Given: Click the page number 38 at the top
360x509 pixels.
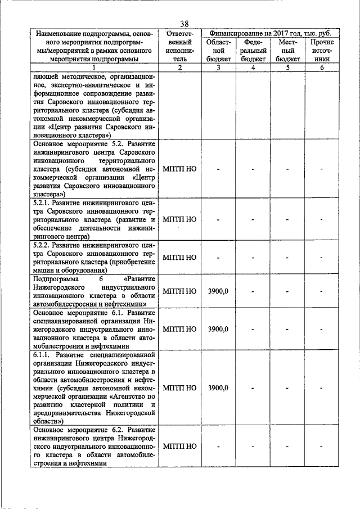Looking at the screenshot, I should (184, 24).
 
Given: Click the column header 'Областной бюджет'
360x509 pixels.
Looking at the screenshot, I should (218, 50).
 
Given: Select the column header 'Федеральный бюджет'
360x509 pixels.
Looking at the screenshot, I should (253, 50).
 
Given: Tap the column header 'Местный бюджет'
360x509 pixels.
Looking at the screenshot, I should (287, 50).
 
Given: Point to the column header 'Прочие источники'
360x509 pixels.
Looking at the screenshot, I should (322, 50).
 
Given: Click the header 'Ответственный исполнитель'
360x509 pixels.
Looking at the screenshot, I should (179, 50).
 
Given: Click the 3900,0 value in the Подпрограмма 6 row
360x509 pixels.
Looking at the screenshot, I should (218, 291).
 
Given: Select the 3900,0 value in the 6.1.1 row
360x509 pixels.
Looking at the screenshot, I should (218, 388).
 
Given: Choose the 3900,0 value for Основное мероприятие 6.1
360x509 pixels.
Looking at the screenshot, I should (218, 329).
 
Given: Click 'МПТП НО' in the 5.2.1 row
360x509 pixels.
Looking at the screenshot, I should (179, 219).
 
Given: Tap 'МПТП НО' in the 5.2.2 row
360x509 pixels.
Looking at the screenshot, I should (179, 258).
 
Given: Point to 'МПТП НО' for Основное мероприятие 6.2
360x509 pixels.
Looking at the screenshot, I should (179, 446).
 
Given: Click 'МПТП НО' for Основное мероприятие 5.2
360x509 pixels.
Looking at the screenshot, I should (179, 168).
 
